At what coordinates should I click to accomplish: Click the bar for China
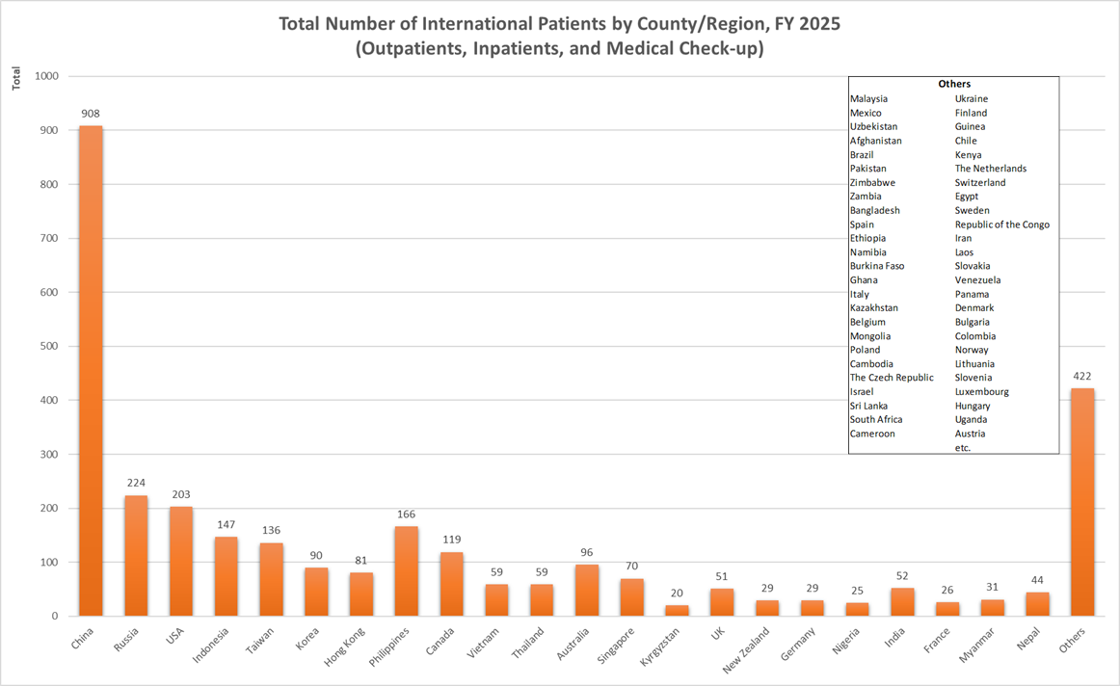point(91,371)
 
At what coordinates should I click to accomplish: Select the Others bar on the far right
point(1082,502)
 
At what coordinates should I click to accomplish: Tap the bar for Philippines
point(406,571)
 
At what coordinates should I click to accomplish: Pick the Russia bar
point(136,556)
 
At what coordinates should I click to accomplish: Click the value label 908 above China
point(91,114)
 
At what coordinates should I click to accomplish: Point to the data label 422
point(1082,376)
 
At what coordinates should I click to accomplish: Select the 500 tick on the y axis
point(47,346)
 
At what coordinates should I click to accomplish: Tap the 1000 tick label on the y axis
point(44,76)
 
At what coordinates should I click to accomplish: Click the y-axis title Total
point(16,79)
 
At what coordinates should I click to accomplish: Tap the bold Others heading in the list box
point(954,84)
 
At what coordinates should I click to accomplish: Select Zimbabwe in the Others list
point(872,182)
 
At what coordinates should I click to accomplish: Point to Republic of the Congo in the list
point(1002,224)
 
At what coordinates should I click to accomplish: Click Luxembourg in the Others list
point(982,392)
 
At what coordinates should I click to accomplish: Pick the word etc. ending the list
point(963,448)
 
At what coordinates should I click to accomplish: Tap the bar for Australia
point(587,590)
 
